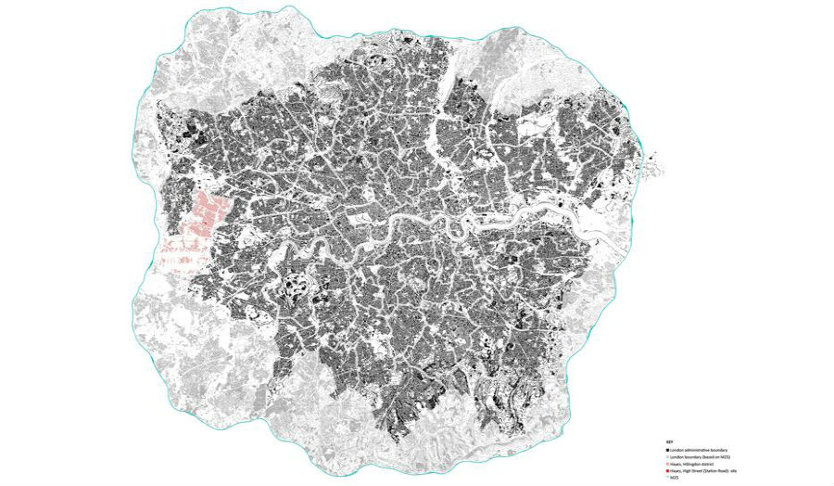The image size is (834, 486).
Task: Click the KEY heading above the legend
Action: tap(669, 441)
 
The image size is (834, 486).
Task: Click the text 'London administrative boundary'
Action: tap(699, 450)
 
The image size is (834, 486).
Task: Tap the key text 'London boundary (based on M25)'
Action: tap(701, 457)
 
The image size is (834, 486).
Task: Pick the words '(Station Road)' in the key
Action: tap(716, 472)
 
